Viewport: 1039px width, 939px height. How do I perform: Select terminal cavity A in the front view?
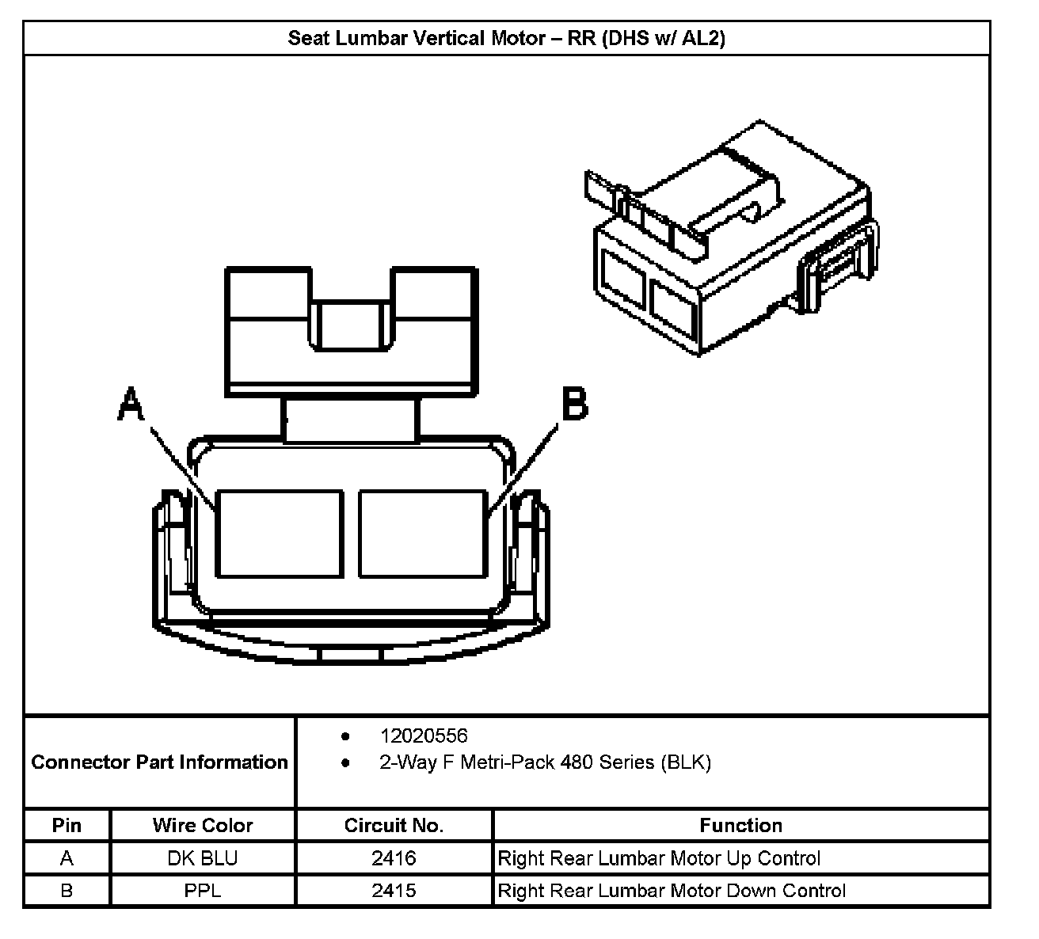point(280,533)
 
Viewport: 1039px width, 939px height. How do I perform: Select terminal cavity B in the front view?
point(422,533)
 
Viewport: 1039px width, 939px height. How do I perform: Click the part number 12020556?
point(424,736)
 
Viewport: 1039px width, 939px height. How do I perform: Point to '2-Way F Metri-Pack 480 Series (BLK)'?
point(545,762)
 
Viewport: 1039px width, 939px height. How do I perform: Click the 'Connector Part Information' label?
point(159,762)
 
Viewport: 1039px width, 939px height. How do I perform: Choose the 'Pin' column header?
point(67,825)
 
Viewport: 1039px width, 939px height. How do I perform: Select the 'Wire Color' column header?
point(203,825)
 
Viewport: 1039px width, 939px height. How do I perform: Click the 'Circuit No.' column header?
point(394,825)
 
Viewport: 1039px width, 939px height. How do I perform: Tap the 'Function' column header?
point(740,825)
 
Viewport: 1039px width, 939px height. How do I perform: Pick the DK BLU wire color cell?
point(203,858)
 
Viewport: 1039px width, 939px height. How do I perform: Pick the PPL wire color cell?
point(203,891)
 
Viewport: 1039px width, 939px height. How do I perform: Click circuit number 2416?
point(394,858)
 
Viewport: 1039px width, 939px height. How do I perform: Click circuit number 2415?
point(394,891)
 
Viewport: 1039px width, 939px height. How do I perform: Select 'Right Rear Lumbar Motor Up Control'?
point(659,858)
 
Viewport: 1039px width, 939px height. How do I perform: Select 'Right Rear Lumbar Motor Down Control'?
point(672,891)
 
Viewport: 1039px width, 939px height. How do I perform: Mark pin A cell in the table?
point(67,858)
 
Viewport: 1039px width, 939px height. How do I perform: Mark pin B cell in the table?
point(67,891)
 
